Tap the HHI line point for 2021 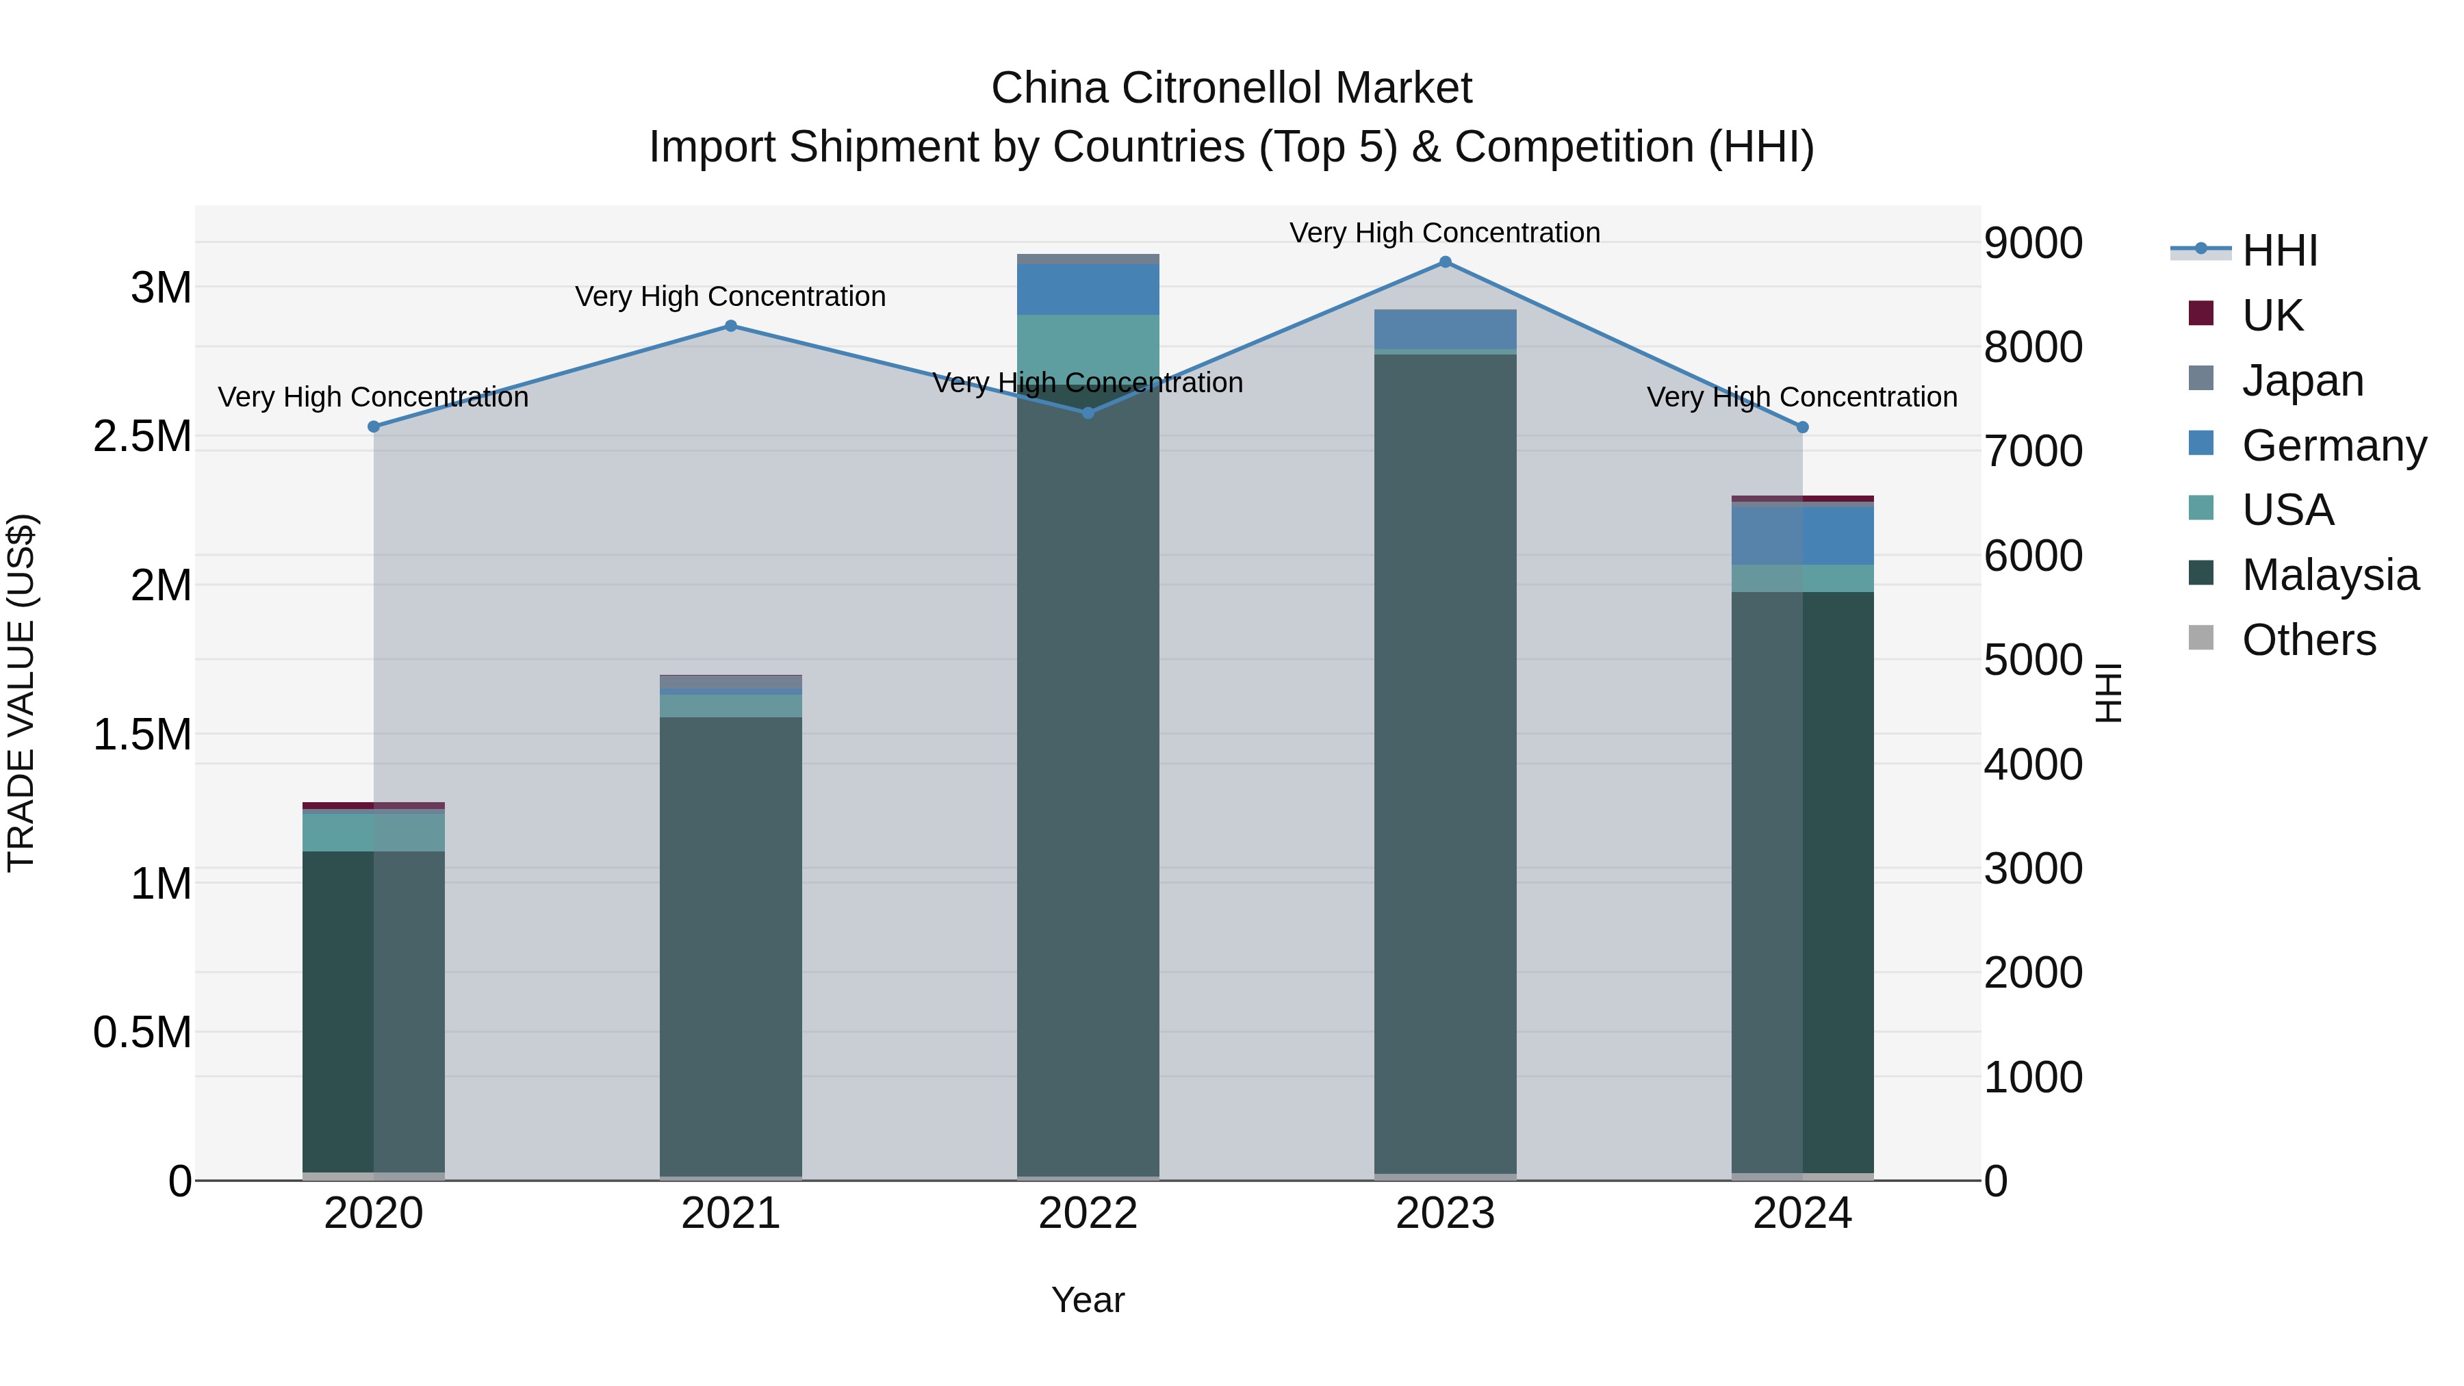pos(731,326)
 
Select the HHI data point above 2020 pos(374,426)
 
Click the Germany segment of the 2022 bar pos(1088,289)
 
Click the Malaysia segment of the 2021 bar pos(731,947)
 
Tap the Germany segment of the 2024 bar pos(1802,536)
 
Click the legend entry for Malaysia pos(2329,575)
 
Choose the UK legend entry pos(2272,315)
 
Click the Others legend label pos(2308,640)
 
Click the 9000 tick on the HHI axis pos(2033,243)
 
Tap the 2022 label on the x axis pos(1088,1213)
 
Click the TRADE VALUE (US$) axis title pos(21,693)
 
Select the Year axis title pos(1088,1300)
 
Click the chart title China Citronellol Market pos(1231,88)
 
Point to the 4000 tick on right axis pos(2033,765)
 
